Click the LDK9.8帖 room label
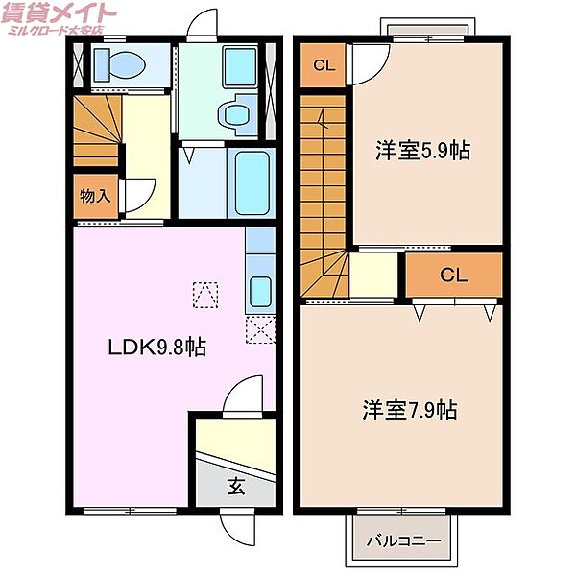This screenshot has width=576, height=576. coord(156,347)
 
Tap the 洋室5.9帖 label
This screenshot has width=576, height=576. coord(422,151)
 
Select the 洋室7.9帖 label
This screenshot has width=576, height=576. coord(409,410)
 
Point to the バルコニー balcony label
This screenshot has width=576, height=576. coord(403,540)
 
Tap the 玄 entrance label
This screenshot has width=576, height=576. coord(236,486)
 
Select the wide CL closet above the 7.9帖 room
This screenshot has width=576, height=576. coord(453,276)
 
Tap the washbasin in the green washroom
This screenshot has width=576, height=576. coord(233,114)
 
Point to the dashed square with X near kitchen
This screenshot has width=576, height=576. coord(259,331)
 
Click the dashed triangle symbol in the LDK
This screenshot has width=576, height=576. coord(204,294)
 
